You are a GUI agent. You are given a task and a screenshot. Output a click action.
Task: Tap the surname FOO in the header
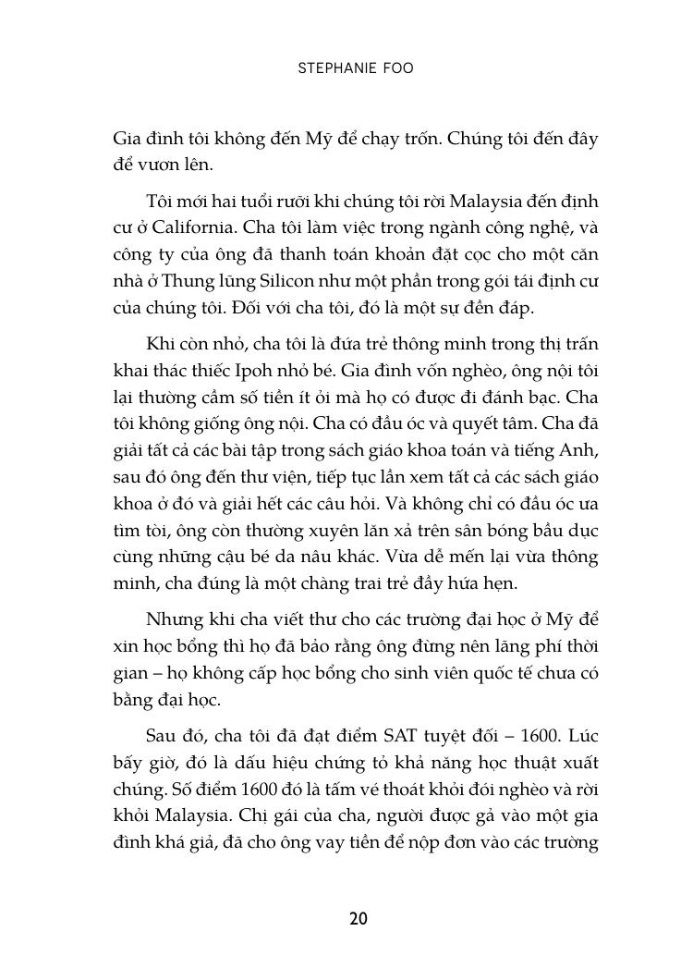point(392,70)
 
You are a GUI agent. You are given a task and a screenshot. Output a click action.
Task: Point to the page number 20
point(358,918)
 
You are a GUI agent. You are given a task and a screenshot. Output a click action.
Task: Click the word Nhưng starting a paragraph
point(175,619)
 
